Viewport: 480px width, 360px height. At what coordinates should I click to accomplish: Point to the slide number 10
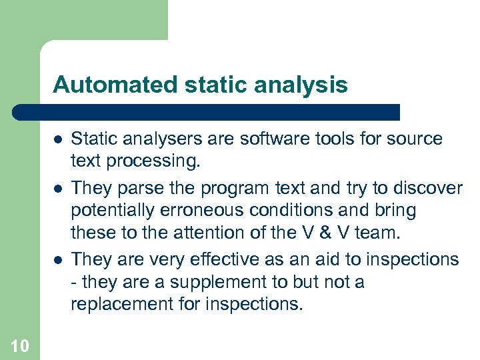19,345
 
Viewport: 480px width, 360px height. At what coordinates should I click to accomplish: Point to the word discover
429,187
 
